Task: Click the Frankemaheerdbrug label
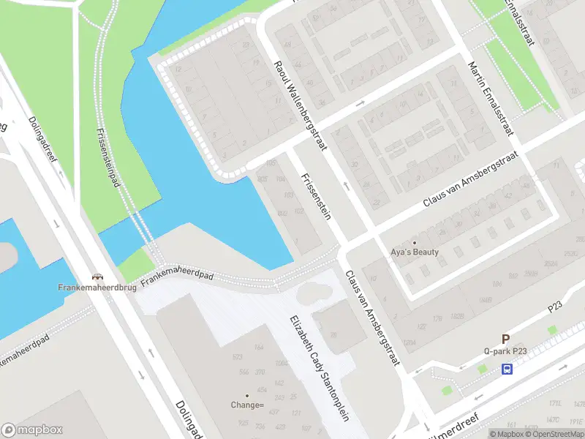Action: tap(97, 288)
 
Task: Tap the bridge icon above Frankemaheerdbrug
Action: tap(97, 277)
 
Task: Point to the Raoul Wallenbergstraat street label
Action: tap(298, 103)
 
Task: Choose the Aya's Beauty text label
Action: tap(415, 252)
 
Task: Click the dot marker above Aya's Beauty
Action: tap(415, 243)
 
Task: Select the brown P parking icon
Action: tap(505, 339)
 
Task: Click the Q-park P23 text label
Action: tap(505, 351)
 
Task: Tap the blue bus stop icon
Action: tap(507, 369)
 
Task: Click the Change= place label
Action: tap(247, 405)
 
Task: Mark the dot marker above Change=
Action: tap(247, 396)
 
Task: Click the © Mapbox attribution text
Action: tap(507, 434)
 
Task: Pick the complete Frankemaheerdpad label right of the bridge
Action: tap(177, 274)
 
